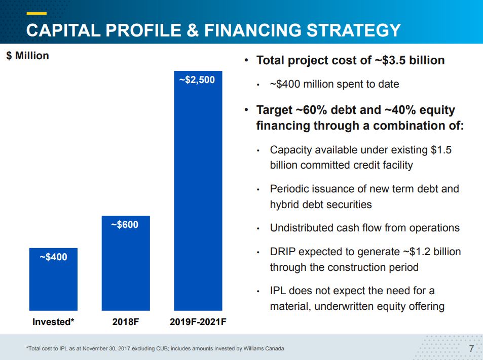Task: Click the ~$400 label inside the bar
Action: coord(53,257)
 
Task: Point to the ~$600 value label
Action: coord(125,224)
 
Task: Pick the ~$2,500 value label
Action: coord(197,79)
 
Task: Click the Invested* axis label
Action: coord(53,322)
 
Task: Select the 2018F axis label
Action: coord(126,322)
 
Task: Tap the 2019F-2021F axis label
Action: coord(198,322)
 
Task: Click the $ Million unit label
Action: coord(28,56)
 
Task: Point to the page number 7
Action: coord(471,348)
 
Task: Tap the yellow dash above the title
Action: coord(36,13)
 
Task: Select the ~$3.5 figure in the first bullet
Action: coord(391,61)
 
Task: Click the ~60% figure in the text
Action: coord(309,110)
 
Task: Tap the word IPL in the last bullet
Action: coord(279,291)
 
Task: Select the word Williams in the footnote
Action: coord(256,348)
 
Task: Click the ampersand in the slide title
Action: coord(193,30)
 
